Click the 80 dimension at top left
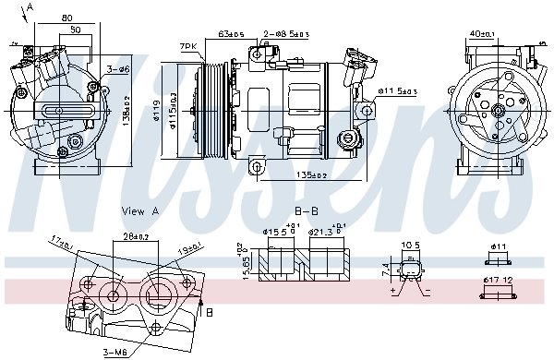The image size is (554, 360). click(67, 18)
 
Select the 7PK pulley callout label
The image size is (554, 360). click(188, 45)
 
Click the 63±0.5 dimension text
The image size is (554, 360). click(232, 35)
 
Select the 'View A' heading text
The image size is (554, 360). click(140, 211)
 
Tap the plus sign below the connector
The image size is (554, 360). click(392, 290)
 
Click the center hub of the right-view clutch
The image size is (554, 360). click(499, 112)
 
